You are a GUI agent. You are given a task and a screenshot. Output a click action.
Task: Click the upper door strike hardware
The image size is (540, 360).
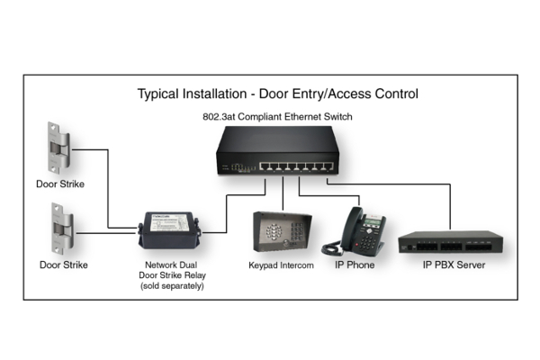click(x=58, y=148)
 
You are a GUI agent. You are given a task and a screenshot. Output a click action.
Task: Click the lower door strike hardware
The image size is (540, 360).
click(x=62, y=229)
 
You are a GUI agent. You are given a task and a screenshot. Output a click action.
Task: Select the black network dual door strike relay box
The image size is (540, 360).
click(x=169, y=230)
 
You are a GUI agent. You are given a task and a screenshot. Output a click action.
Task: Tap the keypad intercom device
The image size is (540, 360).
click(x=282, y=232)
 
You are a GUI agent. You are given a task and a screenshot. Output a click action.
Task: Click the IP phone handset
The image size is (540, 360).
click(x=351, y=228)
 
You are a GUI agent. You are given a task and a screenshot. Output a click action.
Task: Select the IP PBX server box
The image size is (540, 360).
click(x=451, y=242)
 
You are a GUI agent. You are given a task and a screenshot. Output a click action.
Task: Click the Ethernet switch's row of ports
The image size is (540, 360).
click(x=296, y=166)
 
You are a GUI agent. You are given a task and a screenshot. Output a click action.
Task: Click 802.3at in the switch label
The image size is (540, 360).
click(x=219, y=117)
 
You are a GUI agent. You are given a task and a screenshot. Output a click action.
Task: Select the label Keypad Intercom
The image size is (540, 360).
click(x=281, y=265)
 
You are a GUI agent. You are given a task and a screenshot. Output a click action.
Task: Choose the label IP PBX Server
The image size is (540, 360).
click(x=454, y=265)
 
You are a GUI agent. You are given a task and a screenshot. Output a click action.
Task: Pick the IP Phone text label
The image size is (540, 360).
click(x=355, y=265)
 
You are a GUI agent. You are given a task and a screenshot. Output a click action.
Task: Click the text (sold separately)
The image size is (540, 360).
click(x=172, y=286)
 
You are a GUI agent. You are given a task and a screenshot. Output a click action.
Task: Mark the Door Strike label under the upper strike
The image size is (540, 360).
click(x=60, y=184)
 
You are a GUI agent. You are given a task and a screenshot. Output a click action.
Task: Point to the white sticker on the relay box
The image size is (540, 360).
click(x=170, y=223)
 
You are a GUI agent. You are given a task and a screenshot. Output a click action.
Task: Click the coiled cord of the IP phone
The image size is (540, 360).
click(x=332, y=247)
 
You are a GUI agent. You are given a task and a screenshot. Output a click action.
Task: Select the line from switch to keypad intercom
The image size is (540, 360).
click(x=283, y=193)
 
